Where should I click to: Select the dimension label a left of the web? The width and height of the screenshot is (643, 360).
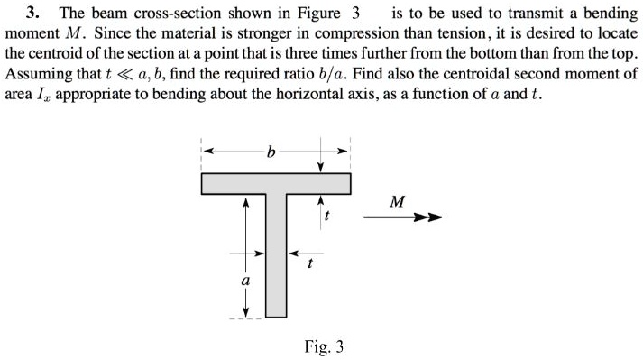[x=243, y=281]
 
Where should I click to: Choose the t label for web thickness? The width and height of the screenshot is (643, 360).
[x=309, y=264]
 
